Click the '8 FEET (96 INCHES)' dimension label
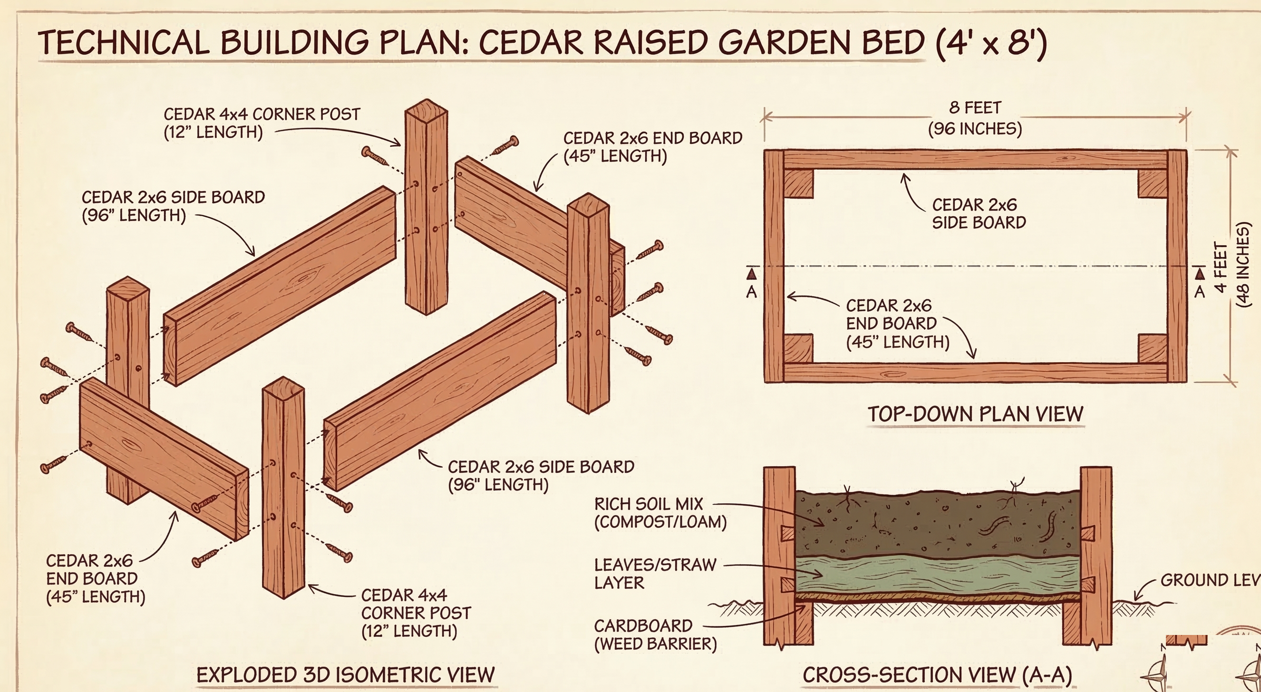click(975, 118)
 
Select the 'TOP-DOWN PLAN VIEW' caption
click(975, 414)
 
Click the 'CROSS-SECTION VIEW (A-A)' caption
click(937, 675)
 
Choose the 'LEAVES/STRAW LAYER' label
click(655, 574)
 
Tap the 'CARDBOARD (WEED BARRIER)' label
click(655, 635)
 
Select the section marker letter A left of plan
click(751, 292)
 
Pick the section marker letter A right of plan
click(1199, 292)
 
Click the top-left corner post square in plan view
click(798, 183)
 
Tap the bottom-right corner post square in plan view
click(1153, 348)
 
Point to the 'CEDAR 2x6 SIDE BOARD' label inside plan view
click(979, 213)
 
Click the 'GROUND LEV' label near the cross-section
click(1210, 580)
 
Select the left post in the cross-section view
click(780, 556)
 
